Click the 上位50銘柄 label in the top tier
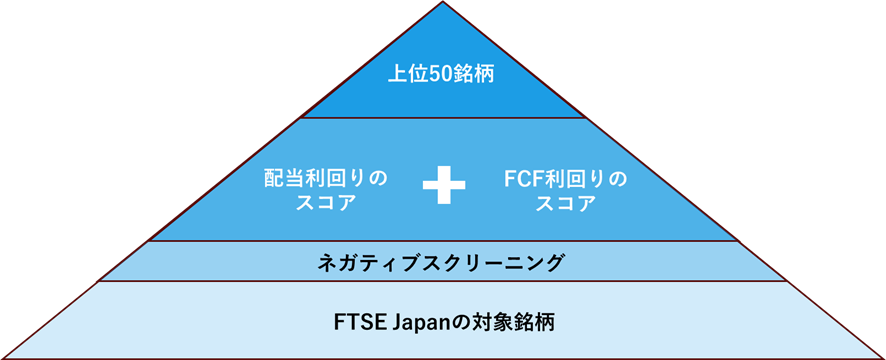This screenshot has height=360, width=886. pos(442,75)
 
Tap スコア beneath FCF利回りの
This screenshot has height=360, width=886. pos(565,203)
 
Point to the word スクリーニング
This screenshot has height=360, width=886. pos(498,263)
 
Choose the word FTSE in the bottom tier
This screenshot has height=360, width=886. pos(356,324)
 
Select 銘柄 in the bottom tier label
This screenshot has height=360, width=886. pos(530,324)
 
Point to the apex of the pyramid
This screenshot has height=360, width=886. pos(442,4)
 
